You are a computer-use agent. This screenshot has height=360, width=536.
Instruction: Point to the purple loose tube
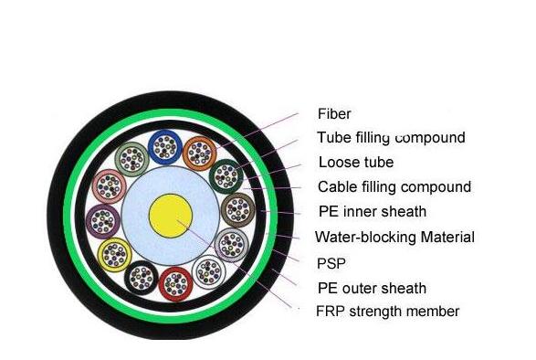pyautogui.click(x=101, y=220)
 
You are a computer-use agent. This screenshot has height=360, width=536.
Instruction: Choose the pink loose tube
pyautogui.click(x=109, y=187)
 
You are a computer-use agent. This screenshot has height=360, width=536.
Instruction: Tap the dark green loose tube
pyautogui.click(x=225, y=175)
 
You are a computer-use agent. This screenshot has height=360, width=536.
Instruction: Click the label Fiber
pyautogui.click(x=334, y=114)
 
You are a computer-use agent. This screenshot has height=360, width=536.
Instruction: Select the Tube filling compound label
pyautogui.click(x=391, y=138)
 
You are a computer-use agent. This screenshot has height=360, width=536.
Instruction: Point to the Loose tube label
pyautogui.click(x=355, y=163)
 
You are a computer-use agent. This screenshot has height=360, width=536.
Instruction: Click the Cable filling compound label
pyautogui.click(x=394, y=187)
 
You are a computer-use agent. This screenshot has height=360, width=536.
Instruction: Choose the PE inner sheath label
pyautogui.click(x=372, y=212)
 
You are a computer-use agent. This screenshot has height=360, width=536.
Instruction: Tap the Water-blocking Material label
pyautogui.click(x=394, y=237)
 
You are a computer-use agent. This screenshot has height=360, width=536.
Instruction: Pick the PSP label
pyautogui.click(x=331, y=262)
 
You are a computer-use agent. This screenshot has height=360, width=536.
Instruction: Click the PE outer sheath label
pyautogui.click(x=372, y=287)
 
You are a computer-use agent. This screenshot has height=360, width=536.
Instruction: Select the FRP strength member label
pyautogui.click(x=387, y=312)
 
